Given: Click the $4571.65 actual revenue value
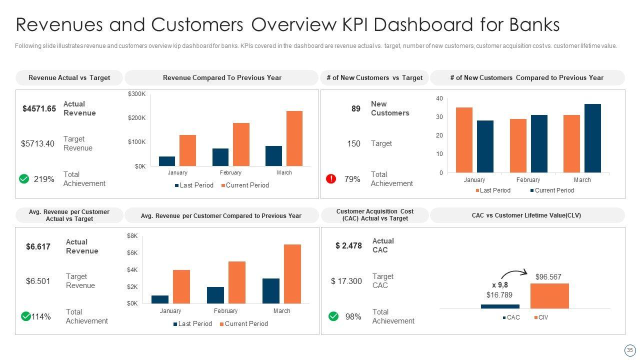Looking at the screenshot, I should point(39,108).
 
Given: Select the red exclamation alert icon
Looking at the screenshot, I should point(331,178).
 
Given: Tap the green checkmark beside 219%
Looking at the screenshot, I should point(24,178).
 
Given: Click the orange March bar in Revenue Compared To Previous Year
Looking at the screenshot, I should point(294,138).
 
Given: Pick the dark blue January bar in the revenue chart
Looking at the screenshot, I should point(167,161).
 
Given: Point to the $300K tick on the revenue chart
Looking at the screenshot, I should point(136,94).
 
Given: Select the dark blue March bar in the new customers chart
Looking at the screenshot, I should point(592,138).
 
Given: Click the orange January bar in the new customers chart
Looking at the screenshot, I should point(464,140).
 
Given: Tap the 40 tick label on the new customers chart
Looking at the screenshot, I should point(439,98).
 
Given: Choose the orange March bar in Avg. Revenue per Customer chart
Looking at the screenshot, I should point(292,273).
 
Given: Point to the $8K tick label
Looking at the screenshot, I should point(132,235).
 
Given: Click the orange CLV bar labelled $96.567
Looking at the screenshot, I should point(549,295).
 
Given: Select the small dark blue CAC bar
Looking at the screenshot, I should point(500,306).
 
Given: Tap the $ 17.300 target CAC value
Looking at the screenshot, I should point(346,281).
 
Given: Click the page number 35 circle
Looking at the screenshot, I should point(629,350).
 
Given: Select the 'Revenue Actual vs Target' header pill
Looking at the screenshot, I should point(69,77).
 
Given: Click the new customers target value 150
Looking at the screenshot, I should point(353,143).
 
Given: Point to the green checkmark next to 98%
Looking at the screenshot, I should point(333,316).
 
